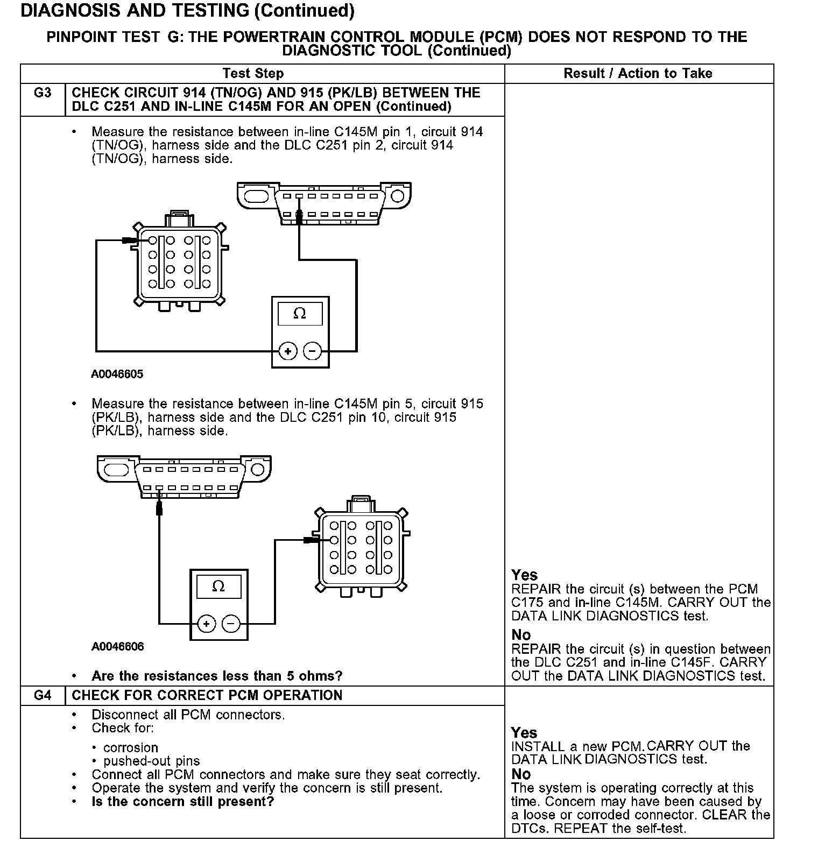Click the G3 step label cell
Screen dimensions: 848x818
tap(43, 94)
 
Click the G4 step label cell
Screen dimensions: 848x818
tap(43, 696)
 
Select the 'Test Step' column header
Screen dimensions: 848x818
tap(253, 73)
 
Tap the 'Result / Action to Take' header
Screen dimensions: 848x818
tap(638, 73)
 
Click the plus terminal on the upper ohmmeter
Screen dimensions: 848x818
tap(288, 351)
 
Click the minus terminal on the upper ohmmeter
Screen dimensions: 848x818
tap(313, 351)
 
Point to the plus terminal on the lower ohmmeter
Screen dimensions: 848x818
tap(207, 624)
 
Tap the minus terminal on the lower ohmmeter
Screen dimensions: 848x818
tap(231, 624)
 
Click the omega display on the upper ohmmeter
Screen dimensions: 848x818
tap(300, 313)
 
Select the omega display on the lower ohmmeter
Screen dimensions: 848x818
tap(218, 586)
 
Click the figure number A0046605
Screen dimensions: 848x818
tap(117, 374)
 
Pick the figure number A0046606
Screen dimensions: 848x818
tap(117, 646)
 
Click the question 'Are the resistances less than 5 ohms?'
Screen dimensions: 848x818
tap(217, 676)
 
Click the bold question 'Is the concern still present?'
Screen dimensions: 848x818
tap(183, 802)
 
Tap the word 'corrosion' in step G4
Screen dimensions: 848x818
tap(131, 748)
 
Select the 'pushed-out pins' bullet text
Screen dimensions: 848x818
tap(151, 761)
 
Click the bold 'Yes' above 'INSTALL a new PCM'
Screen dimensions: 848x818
tap(524, 732)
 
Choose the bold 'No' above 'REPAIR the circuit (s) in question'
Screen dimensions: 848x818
tap(521, 635)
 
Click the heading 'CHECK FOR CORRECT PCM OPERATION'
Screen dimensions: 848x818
tap(207, 696)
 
